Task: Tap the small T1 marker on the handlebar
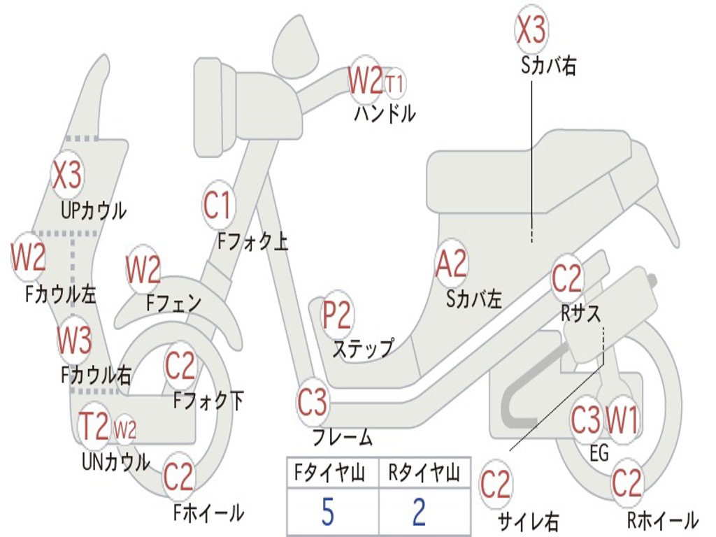tap(395, 84)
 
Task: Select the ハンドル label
tap(385, 113)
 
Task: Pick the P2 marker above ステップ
tap(337, 316)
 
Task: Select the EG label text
tap(599, 454)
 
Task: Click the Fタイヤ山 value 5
tap(327, 513)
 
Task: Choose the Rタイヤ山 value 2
tap(419, 513)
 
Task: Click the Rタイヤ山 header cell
tap(424, 475)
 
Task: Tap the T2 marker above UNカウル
tap(94, 427)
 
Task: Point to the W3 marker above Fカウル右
tap(74, 341)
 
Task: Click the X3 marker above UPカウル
tap(68, 176)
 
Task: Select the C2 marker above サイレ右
tap(496, 485)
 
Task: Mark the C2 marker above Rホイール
tap(626, 483)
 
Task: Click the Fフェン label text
tap(174, 303)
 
